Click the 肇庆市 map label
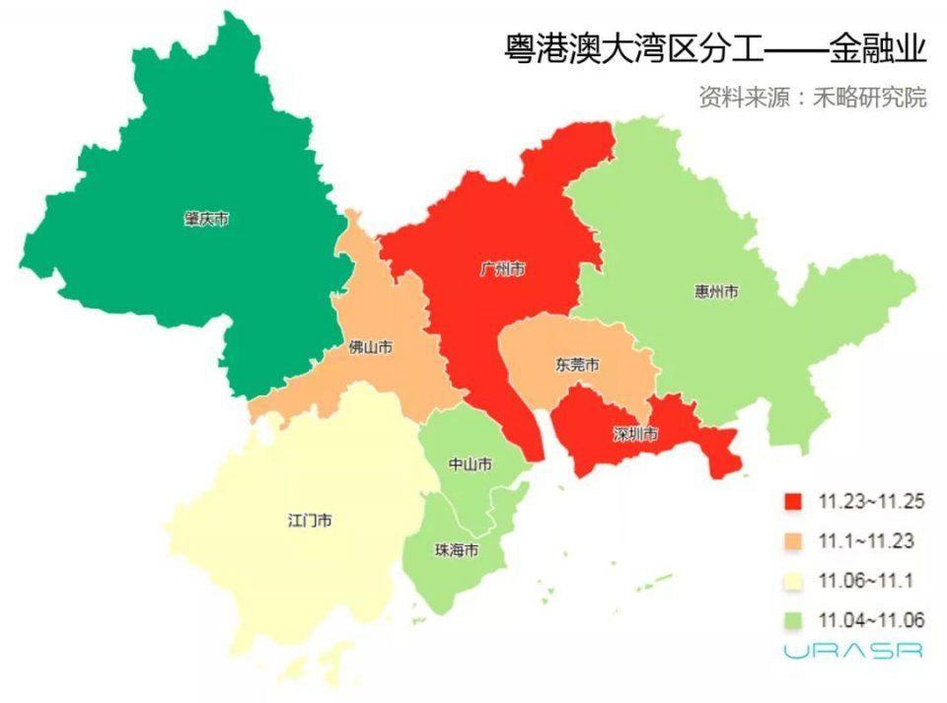coord(206,219)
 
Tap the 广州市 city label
coord(501,269)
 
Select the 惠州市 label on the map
coord(716,292)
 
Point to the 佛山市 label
coord(371,348)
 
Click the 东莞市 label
coord(576,365)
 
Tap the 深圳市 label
coord(634,434)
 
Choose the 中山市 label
coord(470,464)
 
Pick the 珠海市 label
coord(457,550)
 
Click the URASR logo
coord(853,652)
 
